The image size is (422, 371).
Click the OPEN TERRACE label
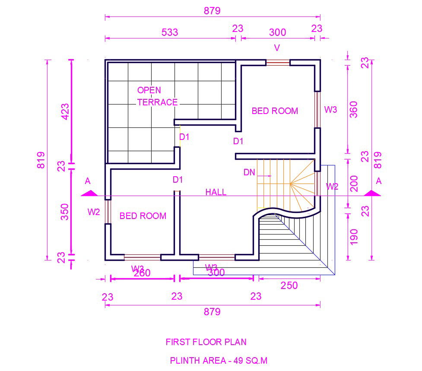157,96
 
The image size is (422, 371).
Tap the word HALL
216,192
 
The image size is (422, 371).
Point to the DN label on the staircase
249,172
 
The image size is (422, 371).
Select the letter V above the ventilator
277,48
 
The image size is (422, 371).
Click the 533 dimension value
169,32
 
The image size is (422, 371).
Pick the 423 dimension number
65,111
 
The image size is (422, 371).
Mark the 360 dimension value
353,110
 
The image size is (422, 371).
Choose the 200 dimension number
353,184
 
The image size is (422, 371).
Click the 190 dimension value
354,237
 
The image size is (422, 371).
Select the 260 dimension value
142,273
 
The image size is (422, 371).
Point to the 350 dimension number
65,212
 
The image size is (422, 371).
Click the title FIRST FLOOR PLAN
206,342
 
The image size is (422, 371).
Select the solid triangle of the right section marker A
372,193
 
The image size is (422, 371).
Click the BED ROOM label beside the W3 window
275,111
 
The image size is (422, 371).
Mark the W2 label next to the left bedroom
94,212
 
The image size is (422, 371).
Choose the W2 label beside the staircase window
332,187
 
